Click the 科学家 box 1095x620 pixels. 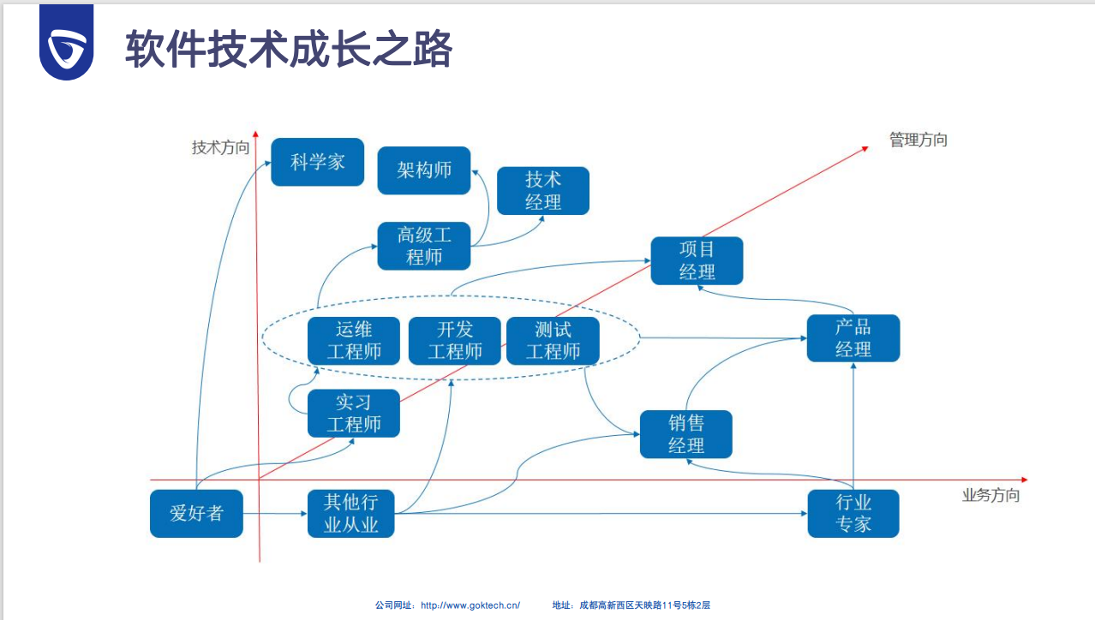coord(317,162)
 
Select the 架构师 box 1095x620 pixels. coord(424,170)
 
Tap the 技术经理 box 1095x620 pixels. coord(543,191)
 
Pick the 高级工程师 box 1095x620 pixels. coord(424,246)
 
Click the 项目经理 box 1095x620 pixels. coord(697,261)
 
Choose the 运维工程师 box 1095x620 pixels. coord(354,341)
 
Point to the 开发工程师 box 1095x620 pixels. coord(455,341)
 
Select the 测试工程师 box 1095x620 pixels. coord(553,341)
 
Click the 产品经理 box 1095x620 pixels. coord(853,338)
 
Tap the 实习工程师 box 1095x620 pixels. coord(354,414)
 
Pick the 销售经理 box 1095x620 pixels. coord(686,434)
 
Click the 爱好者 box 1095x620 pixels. coord(196,514)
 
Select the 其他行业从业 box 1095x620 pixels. coord(351,514)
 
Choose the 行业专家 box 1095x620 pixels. coord(853,514)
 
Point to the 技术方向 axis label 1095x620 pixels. coord(220,147)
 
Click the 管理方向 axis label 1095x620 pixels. coord(918,140)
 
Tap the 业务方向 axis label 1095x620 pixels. coord(990,495)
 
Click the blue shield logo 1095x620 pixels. coord(66,45)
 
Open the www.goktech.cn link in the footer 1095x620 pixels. coord(470,605)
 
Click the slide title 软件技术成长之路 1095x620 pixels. coord(289,49)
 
